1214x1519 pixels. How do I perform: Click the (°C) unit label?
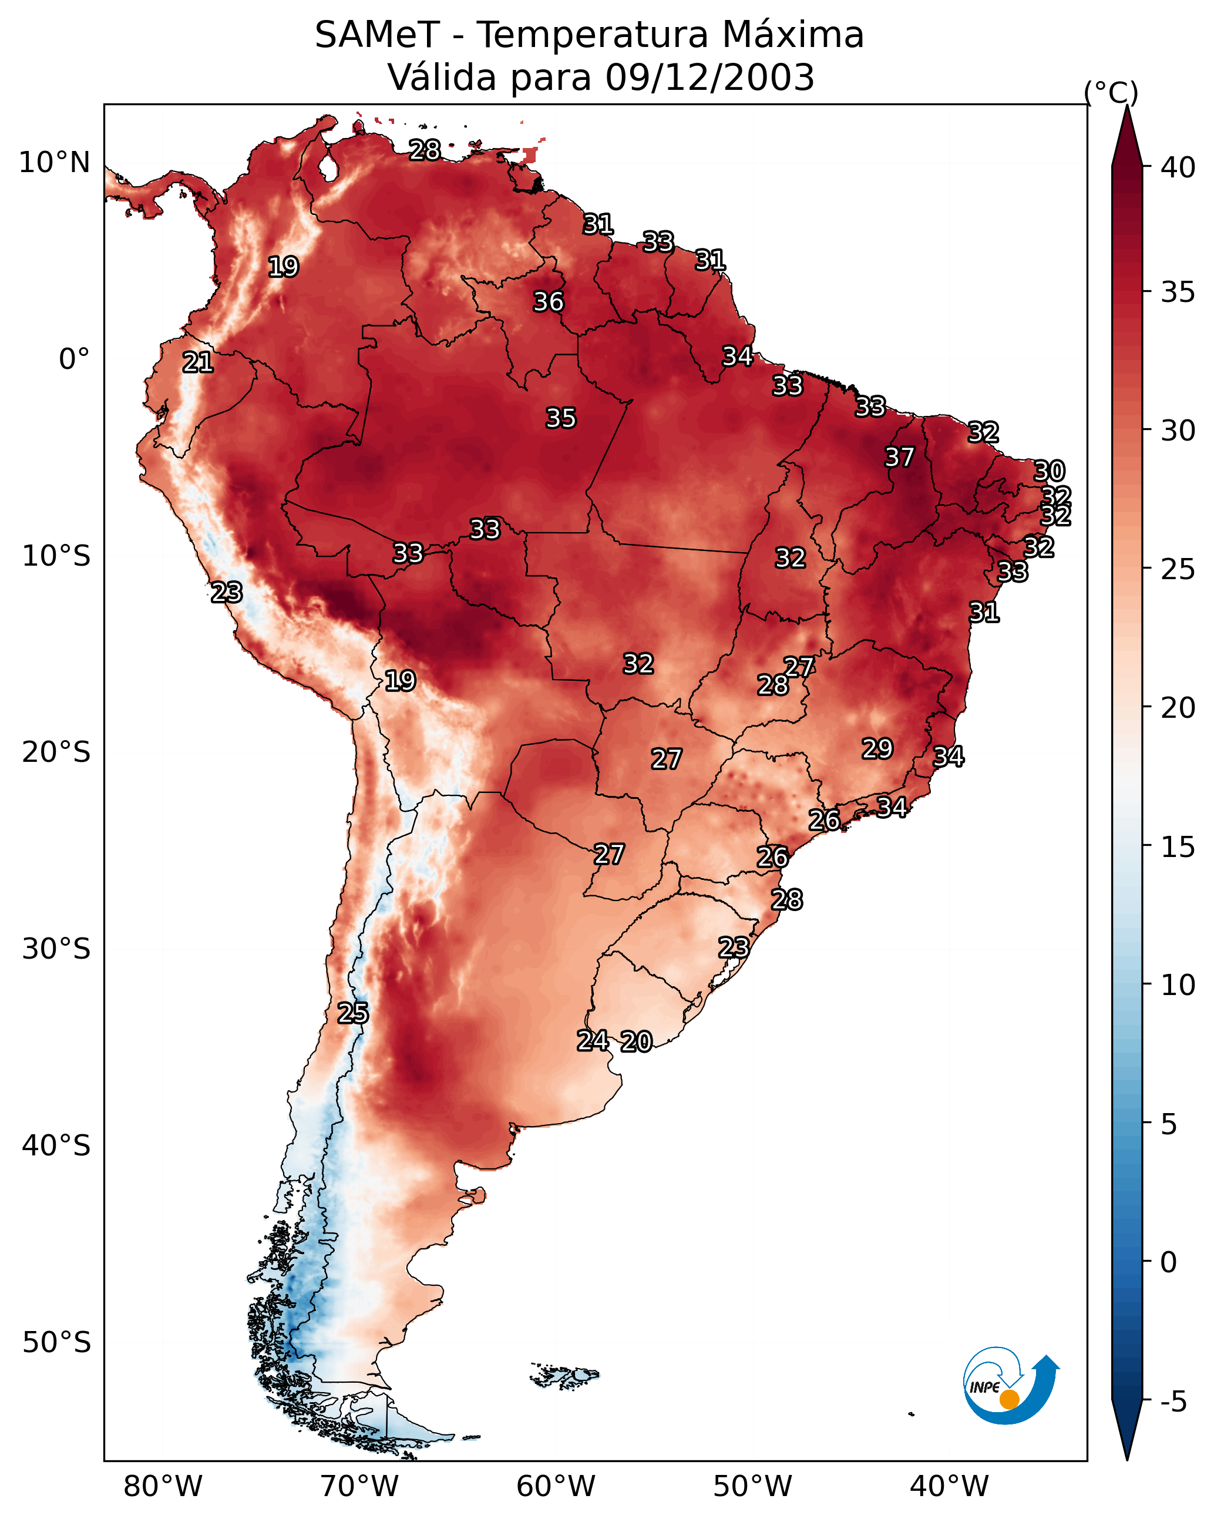click(x=1111, y=92)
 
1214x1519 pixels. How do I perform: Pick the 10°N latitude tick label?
click(x=54, y=163)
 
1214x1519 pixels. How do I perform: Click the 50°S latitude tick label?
click(x=56, y=1343)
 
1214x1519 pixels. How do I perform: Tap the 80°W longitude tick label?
click(x=163, y=1486)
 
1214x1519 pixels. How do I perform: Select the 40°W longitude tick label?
click(x=949, y=1486)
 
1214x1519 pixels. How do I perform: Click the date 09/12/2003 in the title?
click(x=709, y=78)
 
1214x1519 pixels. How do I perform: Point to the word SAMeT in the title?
click(x=377, y=35)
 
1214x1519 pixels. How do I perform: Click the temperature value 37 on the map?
click(x=899, y=457)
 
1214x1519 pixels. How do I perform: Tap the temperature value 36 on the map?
click(x=548, y=301)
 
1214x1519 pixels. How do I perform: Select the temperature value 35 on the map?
click(x=561, y=418)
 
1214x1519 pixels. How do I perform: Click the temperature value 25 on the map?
click(x=352, y=1013)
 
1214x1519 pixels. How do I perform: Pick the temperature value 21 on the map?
click(x=197, y=362)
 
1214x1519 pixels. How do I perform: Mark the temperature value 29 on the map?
click(x=877, y=748)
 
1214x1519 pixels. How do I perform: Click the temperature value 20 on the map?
click(x=636, y=1041)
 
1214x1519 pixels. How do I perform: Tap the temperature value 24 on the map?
click(x=593, y=1040)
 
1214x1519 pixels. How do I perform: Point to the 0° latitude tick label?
click(x=74, y=359)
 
